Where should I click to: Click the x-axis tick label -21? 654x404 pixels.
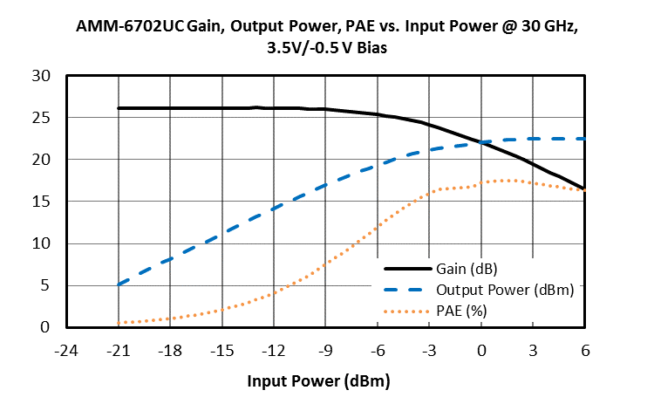tap(118, 351)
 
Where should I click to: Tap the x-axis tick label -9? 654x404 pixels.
tap(324, 351)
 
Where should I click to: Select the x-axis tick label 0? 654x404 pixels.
tap(481, 351)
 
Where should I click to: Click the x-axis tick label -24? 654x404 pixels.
tap(66, 351)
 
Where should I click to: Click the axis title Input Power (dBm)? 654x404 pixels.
tap(318, 381)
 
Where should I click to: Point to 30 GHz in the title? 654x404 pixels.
tap(540, 29)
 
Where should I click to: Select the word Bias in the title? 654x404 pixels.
tap(370, 50)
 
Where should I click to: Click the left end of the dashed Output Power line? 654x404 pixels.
tap(119, 284)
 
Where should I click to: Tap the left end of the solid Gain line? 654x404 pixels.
tap(119, 108)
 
